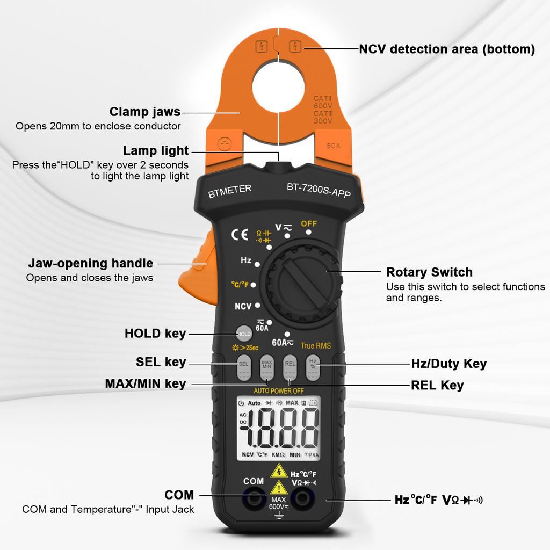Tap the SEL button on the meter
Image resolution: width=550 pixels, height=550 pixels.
click(x=243, y=364)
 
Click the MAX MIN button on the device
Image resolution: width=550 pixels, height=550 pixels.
click(x=267, y=364)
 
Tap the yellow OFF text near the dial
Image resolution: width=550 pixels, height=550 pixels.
click(x=309, y=223)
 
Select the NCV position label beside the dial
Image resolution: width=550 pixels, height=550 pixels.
click(x=243, y=306)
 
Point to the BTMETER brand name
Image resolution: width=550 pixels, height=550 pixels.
click(x=230, y=191)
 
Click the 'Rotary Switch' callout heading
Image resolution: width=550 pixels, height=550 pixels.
click(x=429, y=272)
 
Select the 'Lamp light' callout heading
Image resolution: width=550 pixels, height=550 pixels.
click(x=156, y=150)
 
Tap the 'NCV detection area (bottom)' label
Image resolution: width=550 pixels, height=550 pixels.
click(x=447, y=49)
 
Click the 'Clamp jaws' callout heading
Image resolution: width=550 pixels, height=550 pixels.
click(x=145, y=112)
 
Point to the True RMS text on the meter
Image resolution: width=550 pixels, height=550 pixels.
click(x=316, y=346)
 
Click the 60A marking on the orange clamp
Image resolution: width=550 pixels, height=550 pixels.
click(x=334, y=145)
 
